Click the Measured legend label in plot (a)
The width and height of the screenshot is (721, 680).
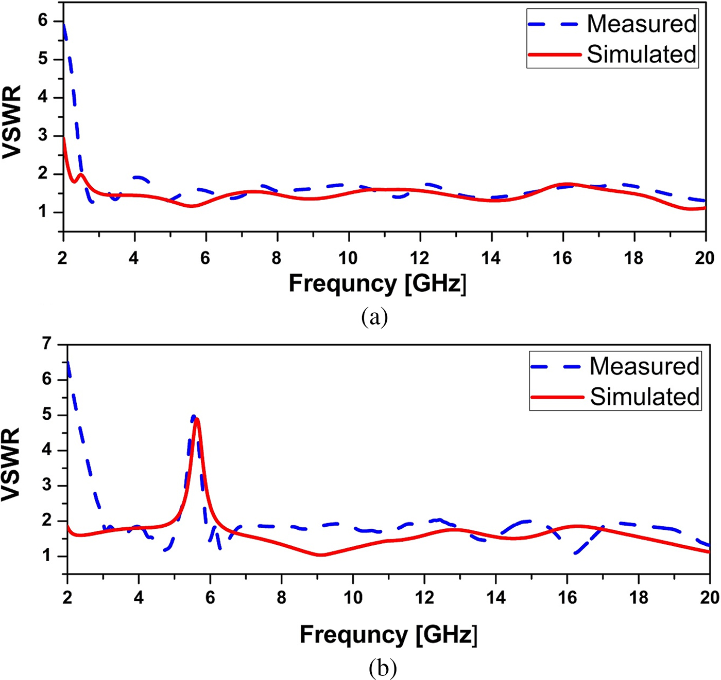tap(641, 24)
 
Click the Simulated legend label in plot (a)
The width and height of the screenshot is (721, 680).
tap(641, 55)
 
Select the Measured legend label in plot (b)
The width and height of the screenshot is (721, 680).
tap(644, 366)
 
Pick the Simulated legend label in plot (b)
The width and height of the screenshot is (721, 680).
tap(644, 397)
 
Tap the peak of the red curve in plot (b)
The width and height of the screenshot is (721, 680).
tap(196, 419)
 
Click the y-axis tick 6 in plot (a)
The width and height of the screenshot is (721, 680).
tap(42, 21)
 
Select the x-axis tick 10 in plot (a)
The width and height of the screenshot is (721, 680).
tap(348, 258)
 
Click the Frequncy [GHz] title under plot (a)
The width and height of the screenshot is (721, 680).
tap(377, 284)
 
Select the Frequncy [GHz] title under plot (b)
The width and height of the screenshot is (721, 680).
tap(388, 635)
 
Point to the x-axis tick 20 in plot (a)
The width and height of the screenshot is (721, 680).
tap(704, 258)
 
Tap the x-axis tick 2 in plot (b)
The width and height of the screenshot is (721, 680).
tap(67, 597)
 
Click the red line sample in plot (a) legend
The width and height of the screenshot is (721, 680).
tap(555, 55)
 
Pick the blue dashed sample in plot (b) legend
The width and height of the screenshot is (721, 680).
tap(558, 366)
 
